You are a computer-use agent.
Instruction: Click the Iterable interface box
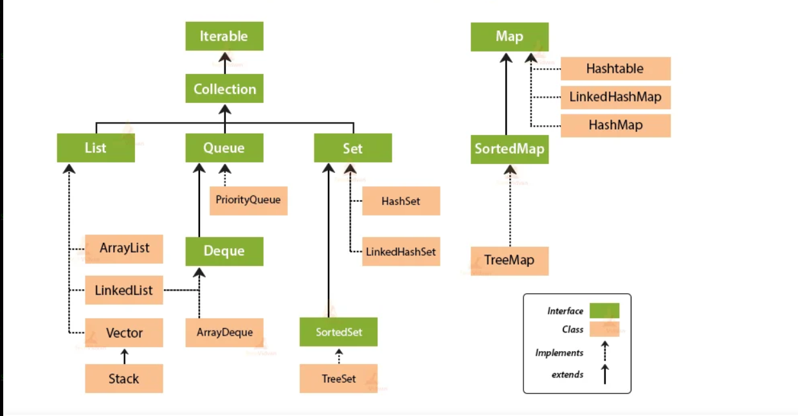coord(224,37)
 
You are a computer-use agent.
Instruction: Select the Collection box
coord(224,89)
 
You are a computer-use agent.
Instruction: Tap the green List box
coord(96,148)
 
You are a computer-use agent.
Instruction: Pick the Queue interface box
coord(224,148)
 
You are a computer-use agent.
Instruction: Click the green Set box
coord(352,148)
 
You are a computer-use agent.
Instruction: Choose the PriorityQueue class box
coord(248,200)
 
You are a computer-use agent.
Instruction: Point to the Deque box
coord(224,251)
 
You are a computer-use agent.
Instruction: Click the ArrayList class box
coord(124,248)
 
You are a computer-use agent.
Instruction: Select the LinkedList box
coord(124,291)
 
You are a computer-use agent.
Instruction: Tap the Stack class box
coord(124,379)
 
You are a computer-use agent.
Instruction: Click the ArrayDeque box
coord(224,332)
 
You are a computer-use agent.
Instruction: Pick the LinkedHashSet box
coord(401,252)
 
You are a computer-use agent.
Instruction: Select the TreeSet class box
coord(338,379)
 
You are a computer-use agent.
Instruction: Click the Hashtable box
coord(615,69)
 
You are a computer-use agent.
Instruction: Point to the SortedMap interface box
coord(509,149)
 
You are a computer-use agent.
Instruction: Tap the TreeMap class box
coord(509,261)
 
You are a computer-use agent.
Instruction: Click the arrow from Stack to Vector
coord(125,356)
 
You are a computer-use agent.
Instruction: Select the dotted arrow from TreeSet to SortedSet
coord(339,356)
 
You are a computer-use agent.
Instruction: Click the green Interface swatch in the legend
coord(604,311)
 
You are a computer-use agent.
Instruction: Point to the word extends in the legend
coord(567,374)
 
